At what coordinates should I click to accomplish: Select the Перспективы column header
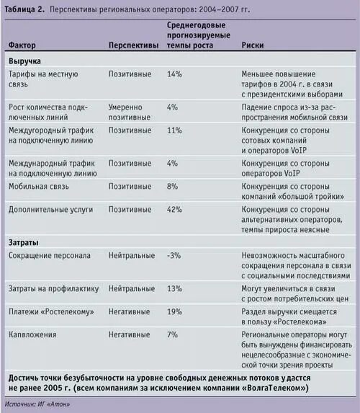tap(133, 45)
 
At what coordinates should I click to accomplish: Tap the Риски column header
tap(253, 45)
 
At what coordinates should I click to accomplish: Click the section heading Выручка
tap(25, 63)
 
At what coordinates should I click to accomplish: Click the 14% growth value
tap(174, 75)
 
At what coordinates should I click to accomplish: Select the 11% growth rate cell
tap(174, 130)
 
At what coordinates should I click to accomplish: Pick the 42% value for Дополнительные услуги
tap(174, 210)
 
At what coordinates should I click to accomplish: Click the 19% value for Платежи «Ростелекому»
tap(174, 312)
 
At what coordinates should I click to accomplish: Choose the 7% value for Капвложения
tap(172, 335)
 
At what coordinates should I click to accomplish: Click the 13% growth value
tap(174, 289)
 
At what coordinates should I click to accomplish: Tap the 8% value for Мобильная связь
tap(172, 187)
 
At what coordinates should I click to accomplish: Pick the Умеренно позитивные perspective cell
tap(131, 112)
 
